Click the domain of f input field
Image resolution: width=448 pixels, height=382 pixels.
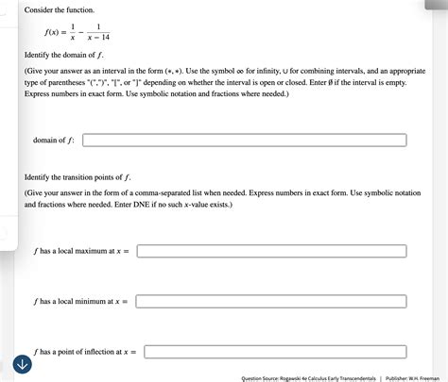[244, 141]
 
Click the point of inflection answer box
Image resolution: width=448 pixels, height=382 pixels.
[275, 352]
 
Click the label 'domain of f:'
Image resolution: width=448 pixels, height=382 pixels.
[55, 141]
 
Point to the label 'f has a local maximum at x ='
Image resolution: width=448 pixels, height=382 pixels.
[80, 252]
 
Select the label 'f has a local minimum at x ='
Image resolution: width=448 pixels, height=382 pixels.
[80, 302]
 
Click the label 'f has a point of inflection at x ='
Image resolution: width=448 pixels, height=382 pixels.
[85, 352]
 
